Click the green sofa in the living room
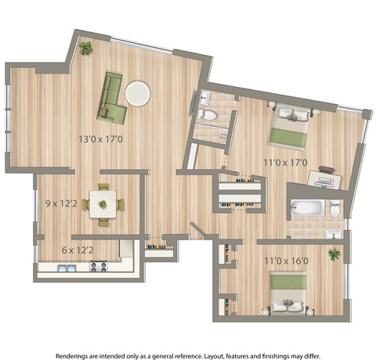point(112,99)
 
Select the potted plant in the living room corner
point(85,49)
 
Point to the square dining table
point(103,204)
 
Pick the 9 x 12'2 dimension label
point(62,205)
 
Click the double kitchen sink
point(66,268)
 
